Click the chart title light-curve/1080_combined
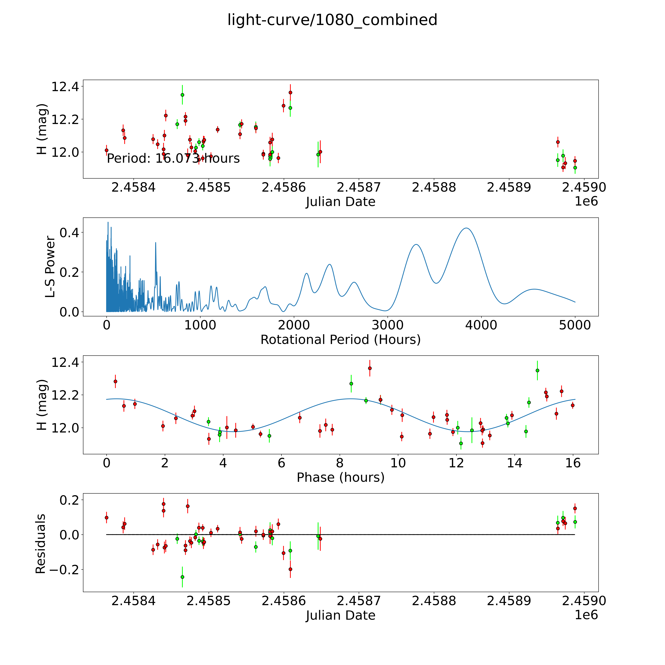tap(332, 20)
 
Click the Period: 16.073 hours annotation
tap(173, 158)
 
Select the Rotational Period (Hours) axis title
tap(340, 340)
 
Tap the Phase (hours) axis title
tap(340, 477)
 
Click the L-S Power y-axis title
tap(50, 267)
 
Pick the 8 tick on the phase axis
tap(340, 463)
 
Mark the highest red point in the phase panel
tap(370, 368)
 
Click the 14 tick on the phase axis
tap(515, 463)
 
